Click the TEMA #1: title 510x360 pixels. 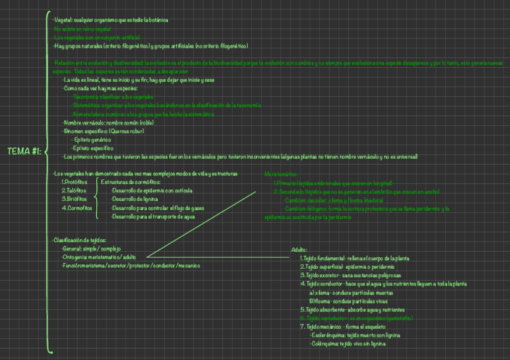point(24,151)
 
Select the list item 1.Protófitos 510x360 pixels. point(75,182)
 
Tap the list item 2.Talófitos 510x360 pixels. point(74,191)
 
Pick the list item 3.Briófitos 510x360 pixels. point(74,199)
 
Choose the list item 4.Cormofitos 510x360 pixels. point(77,208)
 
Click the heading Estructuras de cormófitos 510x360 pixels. point(131,182)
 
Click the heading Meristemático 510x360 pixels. point(281,174)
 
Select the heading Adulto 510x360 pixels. point(300,249)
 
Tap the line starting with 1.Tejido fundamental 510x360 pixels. point(355,258)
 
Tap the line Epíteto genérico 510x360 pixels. point(92,139)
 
